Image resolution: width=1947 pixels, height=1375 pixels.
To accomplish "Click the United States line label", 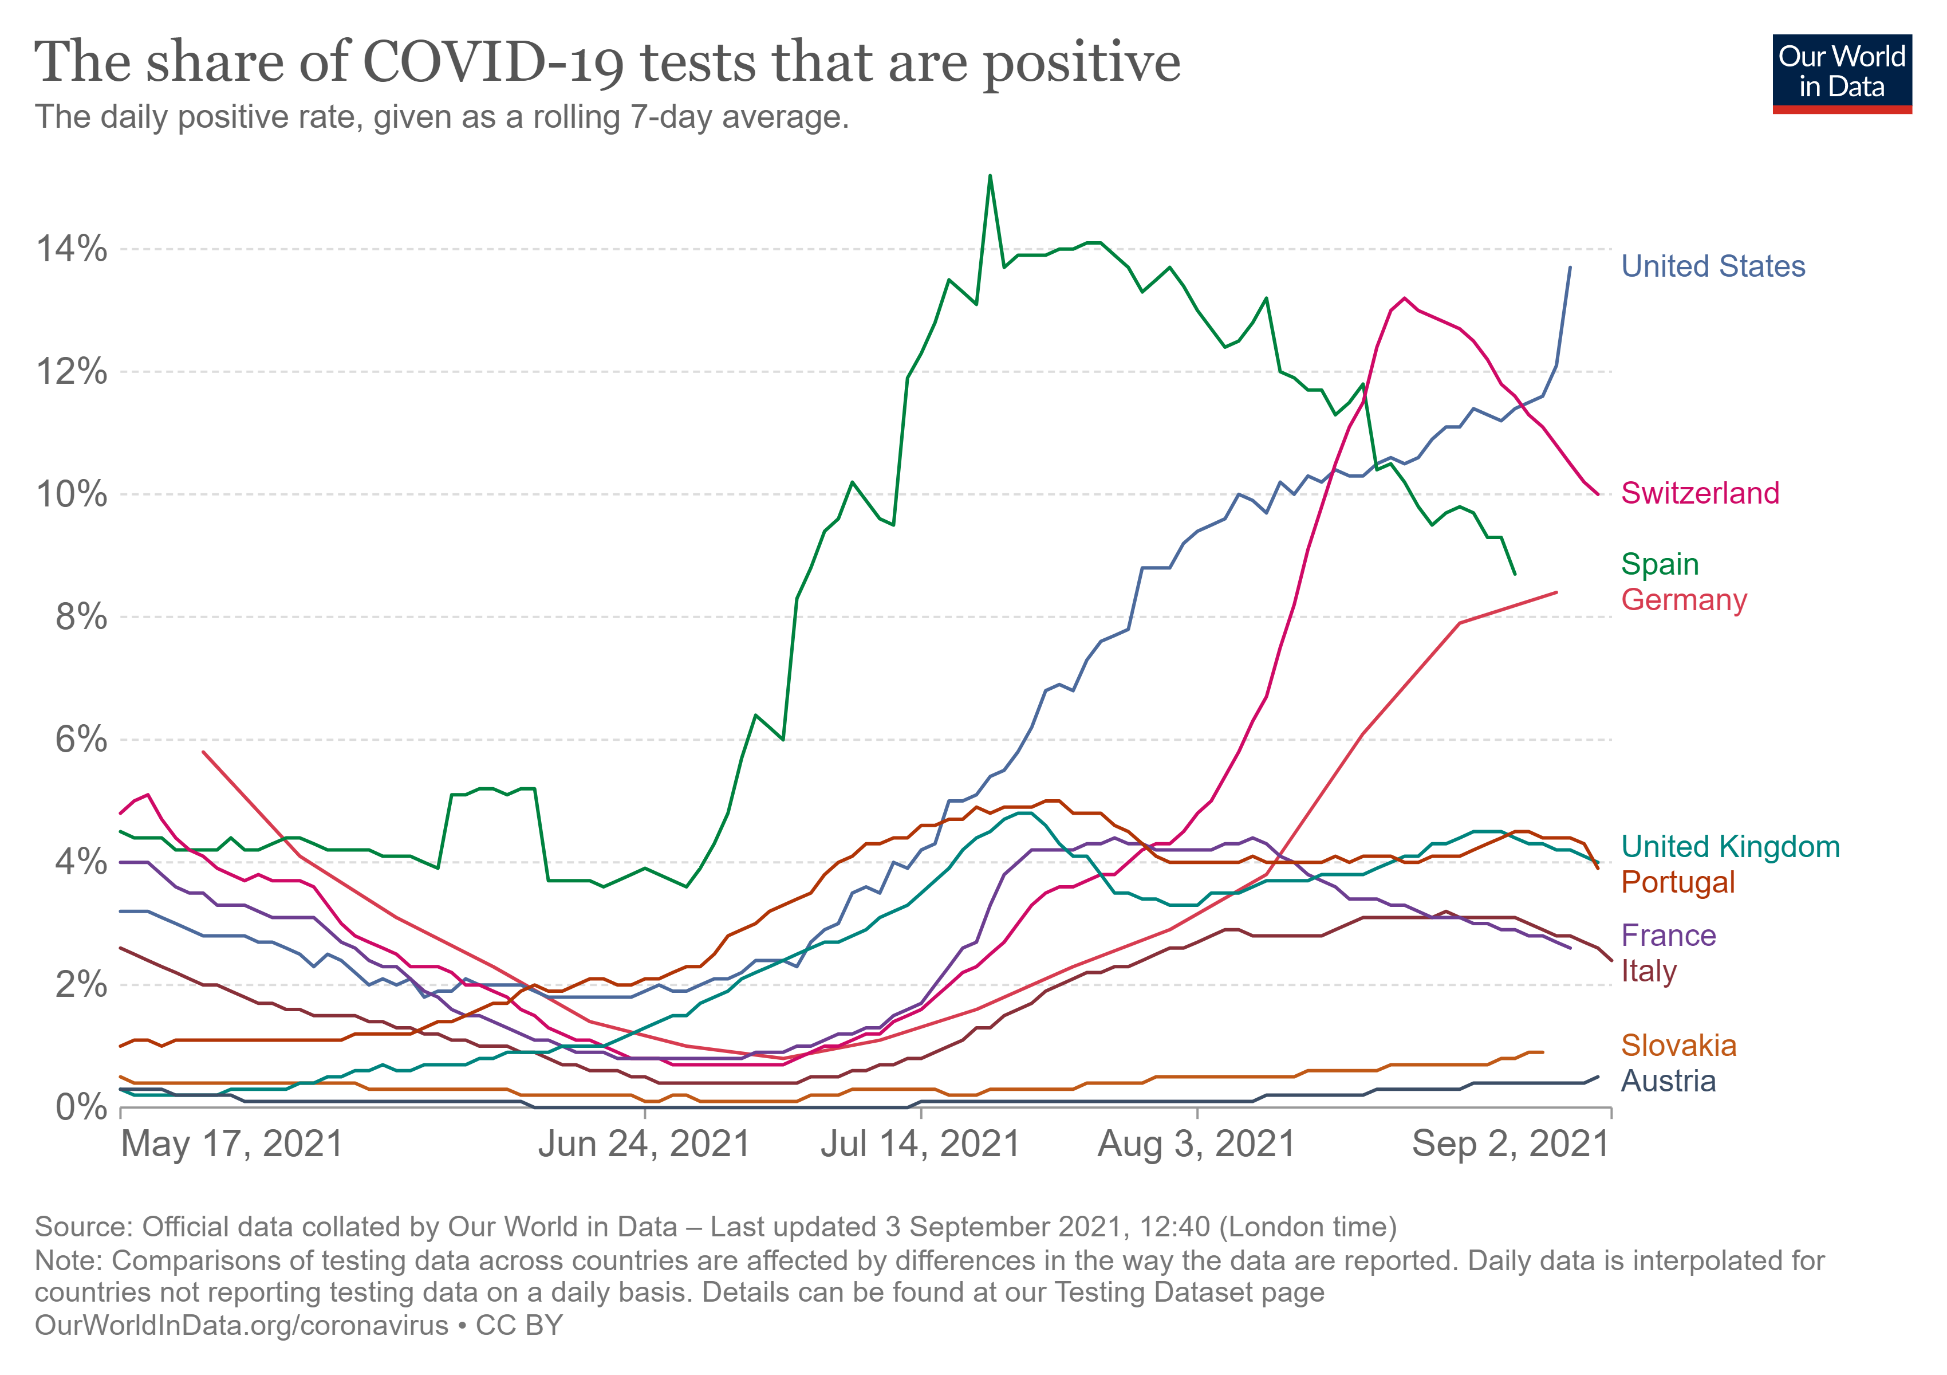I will (1712, 266).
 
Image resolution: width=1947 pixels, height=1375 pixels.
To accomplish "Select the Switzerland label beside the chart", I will (1700, 493).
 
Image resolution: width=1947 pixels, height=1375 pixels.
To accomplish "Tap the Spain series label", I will (1660, 564).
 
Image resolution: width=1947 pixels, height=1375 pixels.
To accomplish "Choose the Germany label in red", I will (1683, 600).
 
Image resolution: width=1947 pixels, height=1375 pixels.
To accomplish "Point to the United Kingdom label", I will (1730, 847).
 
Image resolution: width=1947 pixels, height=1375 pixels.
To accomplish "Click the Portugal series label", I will (1677, 882).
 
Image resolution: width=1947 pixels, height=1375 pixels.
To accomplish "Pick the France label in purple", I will (1668, 936).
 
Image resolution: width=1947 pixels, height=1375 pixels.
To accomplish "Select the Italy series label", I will (1649, 971).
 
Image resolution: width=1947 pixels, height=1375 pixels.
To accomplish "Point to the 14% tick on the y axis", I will (71, 249).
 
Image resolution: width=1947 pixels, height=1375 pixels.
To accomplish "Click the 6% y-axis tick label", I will (81, 740).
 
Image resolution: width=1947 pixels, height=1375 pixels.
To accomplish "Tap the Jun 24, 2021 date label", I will (644, 1144).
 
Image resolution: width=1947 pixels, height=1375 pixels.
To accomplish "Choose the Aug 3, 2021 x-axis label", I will (1196, 1144).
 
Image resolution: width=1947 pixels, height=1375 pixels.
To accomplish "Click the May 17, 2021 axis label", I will (231, 1144).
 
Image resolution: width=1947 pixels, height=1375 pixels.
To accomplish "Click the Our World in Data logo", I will (1841, 73).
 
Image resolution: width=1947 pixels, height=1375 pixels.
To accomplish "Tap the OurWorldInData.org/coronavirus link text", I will (241, 1325).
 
